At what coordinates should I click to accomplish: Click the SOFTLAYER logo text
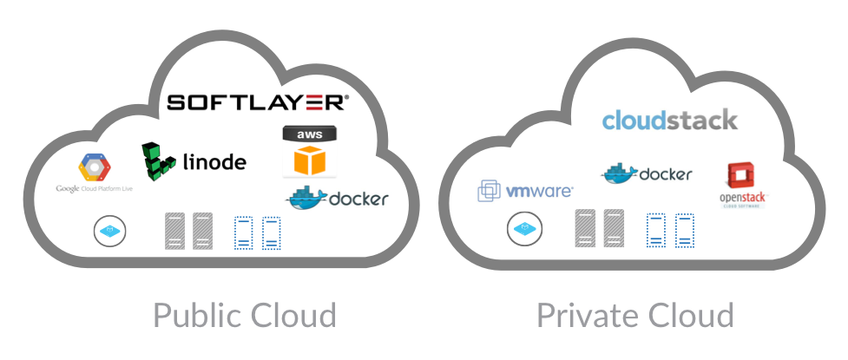258,102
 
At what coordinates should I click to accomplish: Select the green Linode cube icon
159,160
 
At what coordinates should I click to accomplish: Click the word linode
214,162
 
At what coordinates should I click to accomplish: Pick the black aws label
312,135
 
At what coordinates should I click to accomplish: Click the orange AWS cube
312,161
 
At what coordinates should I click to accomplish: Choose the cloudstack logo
669,120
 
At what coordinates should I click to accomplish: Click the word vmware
538,191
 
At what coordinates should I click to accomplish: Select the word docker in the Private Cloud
666,174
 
